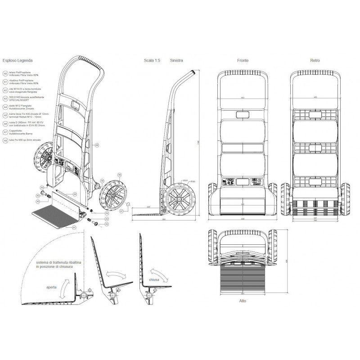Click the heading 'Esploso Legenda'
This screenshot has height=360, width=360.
(x=17, y=60)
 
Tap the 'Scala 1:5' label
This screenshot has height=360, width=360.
(x=152, y=60)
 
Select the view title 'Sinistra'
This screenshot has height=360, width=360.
(x=176, y=60)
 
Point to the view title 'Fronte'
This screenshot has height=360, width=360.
(x=243, y=60)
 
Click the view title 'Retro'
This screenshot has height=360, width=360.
(x=315, y=60)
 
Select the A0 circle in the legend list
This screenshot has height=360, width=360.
(x=5, y=73)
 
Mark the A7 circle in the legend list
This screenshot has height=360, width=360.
(x=5, y=133)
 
